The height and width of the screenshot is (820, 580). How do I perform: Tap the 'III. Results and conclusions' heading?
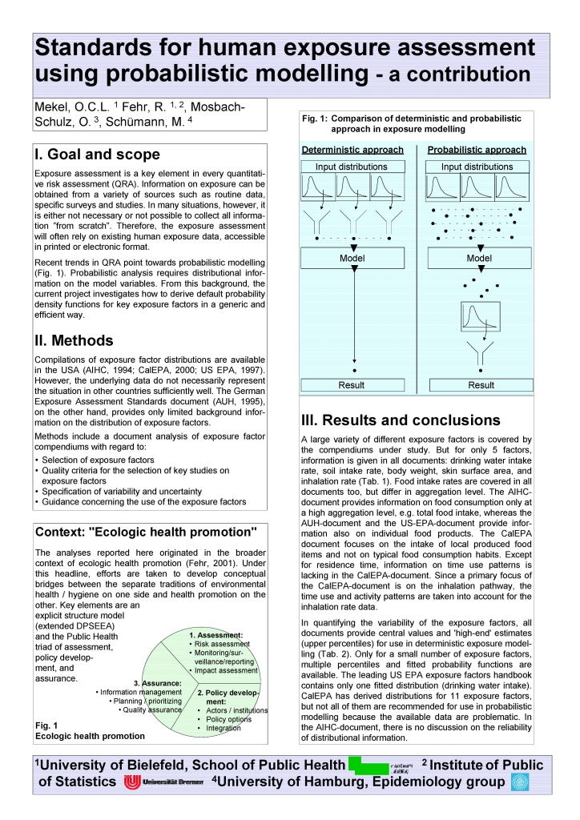(400, 420)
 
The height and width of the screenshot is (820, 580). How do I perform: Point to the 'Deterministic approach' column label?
(352, 150)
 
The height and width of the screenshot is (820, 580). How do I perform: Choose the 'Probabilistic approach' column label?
(477, 150)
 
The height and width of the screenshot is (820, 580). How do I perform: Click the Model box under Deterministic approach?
(352, 259)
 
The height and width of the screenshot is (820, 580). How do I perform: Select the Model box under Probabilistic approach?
(479, 259)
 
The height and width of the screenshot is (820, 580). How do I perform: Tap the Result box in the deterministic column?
(352, 384)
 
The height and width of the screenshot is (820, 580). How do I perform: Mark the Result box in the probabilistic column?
(481, 384)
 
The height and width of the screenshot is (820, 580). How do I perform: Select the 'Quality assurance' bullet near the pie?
(152, 709)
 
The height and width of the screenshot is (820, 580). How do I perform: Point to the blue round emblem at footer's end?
(520, 782)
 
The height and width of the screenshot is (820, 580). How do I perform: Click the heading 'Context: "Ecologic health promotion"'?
(146, 532)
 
